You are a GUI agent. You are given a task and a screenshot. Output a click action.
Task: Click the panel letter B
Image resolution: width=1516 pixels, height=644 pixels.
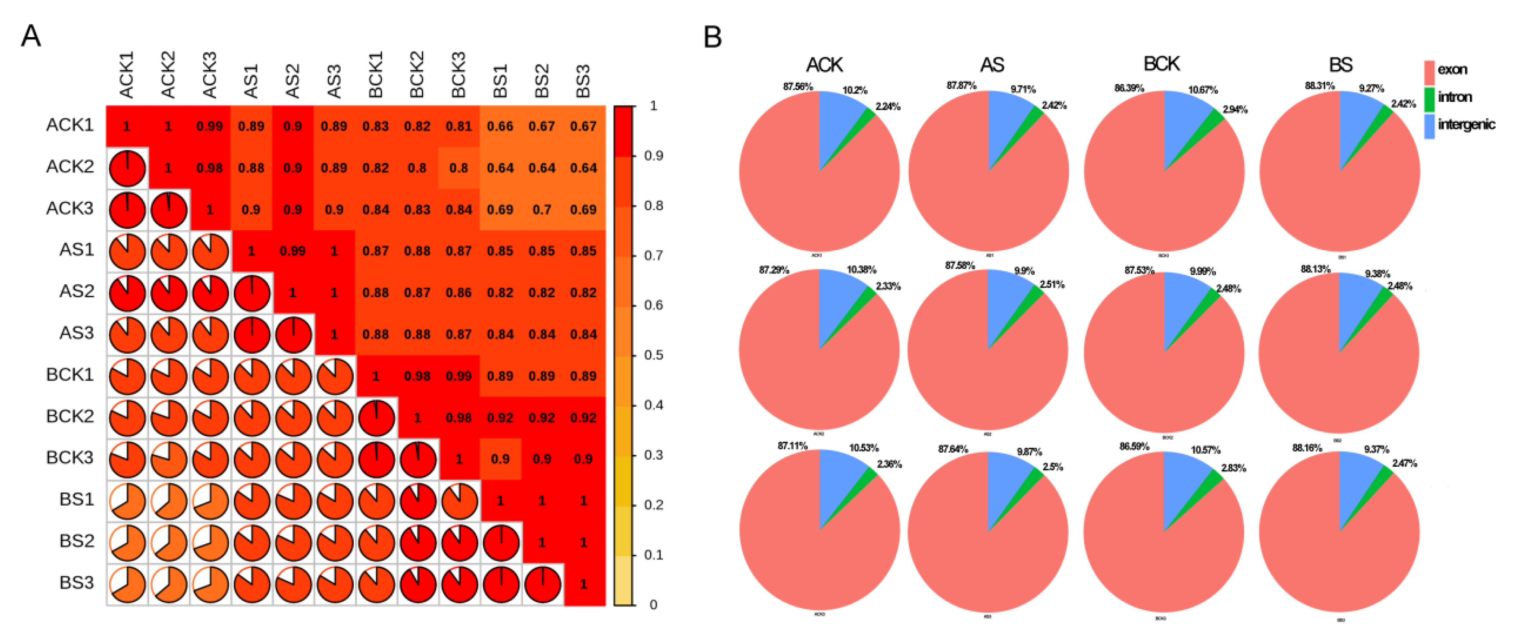712,37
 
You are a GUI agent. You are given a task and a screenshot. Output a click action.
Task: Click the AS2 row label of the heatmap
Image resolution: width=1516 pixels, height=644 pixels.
76,292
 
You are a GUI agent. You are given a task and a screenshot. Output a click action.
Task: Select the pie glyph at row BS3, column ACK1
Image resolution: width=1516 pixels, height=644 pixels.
127,584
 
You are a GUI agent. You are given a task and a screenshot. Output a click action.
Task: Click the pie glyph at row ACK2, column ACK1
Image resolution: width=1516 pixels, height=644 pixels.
127,168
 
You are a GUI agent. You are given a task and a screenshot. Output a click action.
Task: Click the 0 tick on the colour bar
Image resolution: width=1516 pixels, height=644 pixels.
653,605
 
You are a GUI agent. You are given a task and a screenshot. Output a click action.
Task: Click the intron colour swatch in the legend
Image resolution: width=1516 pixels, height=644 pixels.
1429,98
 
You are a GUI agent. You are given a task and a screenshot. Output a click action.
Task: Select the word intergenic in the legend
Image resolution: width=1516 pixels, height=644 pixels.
1466,124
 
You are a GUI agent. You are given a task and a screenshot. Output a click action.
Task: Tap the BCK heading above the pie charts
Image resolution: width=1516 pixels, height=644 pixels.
1161,63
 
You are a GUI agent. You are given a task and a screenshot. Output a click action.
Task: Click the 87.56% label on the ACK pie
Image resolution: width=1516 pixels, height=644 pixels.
797,87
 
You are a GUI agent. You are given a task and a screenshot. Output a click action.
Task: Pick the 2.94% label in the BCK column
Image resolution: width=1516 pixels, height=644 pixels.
1235,110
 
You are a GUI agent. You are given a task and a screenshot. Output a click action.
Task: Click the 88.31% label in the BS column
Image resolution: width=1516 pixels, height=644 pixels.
1319,86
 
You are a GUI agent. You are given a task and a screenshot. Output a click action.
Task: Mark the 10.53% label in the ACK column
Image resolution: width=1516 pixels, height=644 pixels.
863,448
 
